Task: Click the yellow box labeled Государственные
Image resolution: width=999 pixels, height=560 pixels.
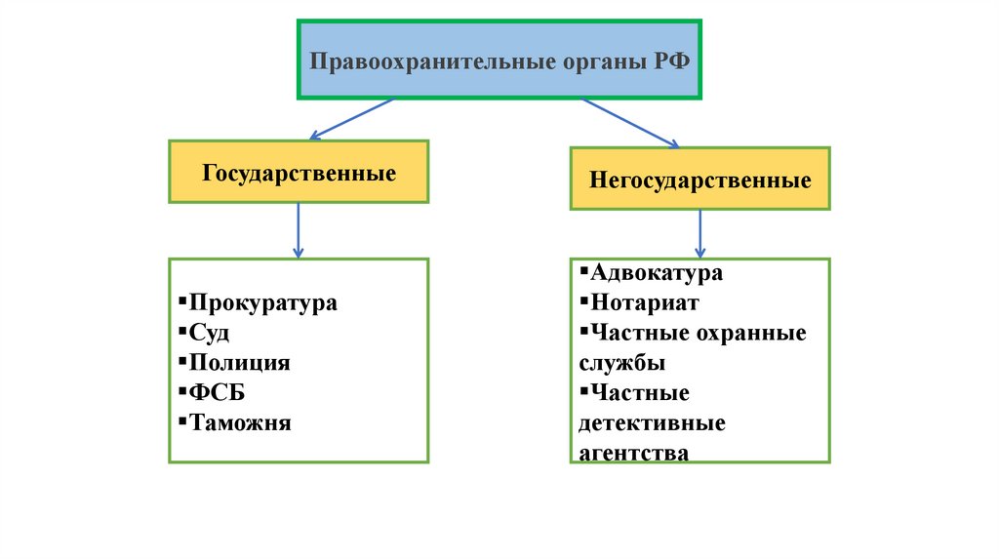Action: pos(299,172)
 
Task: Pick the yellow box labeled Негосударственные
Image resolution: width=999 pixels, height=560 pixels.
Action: pos(699,180)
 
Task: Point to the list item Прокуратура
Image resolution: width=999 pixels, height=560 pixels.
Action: pos(262,302)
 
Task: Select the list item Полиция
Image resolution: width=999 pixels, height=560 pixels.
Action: pos(239,363)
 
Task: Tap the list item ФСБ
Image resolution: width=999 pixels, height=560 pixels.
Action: pos(218,393)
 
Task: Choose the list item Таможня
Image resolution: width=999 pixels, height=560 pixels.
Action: pos(240,423)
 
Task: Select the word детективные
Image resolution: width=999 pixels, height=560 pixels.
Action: pos(652,423)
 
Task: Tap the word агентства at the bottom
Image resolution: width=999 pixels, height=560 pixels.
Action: pos(633,453)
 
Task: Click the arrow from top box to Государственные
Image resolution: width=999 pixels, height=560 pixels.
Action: pos(351,118)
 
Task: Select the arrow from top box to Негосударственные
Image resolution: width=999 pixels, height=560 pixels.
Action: pos(629,123)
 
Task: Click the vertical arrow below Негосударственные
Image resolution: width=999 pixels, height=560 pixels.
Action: pos(699,234)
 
